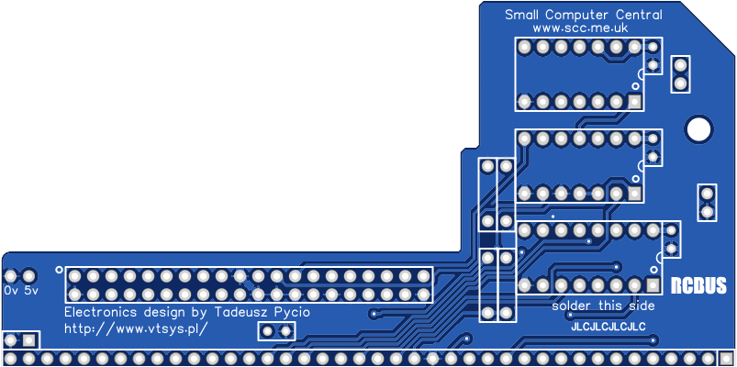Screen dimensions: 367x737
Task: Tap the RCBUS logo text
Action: click(698, 285)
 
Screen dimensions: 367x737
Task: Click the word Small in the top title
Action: click(522, 15)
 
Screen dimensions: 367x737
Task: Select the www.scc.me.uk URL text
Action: click(579, 28)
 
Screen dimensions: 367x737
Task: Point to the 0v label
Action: click(11, 290)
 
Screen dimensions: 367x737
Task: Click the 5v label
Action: click(31, 290)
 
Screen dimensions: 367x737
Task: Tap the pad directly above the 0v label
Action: click(11, 275)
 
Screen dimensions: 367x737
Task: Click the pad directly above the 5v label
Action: click(29, 275)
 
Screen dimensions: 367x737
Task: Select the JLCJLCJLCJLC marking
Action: click(608, 327)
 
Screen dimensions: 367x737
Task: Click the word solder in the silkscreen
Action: click(571, 306)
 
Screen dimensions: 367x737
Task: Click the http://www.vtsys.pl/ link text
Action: click(136, 328)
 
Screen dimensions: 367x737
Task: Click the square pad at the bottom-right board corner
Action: click(726, 357)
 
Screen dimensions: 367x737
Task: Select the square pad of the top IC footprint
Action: click(634, 101)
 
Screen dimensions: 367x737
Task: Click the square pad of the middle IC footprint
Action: click(634, 194)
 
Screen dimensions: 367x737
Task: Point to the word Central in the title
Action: click(639, 15)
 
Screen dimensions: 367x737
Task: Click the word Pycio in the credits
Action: click(290, 312)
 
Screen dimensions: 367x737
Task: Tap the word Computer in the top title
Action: click(577, 15)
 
